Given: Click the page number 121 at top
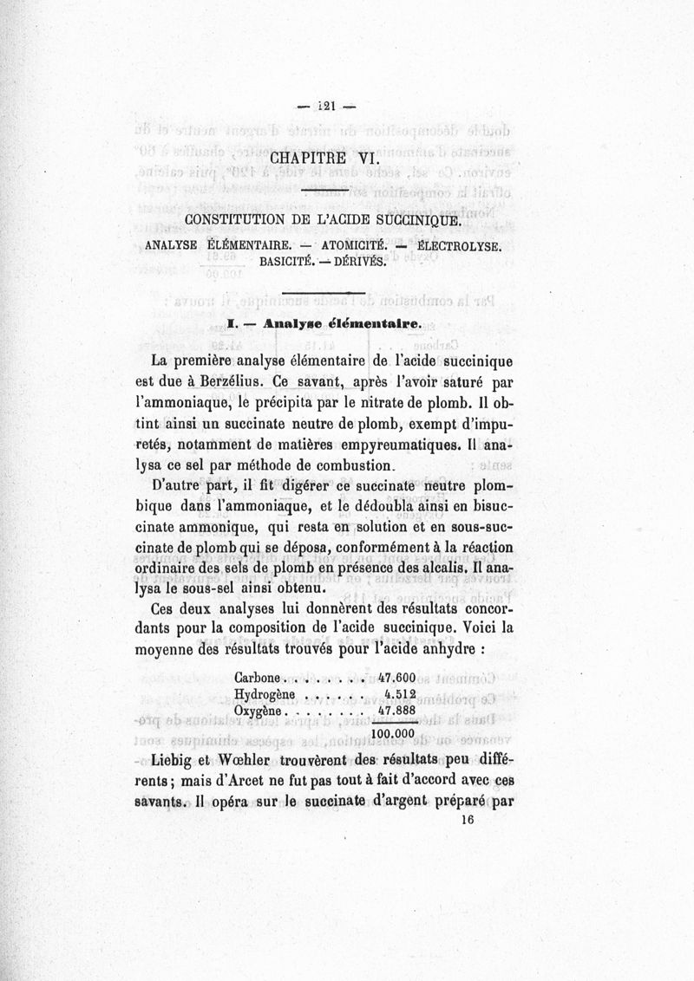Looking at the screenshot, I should (x=327, y=107).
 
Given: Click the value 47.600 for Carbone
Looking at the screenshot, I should (x=399, y=678).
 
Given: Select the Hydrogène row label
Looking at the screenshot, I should (x=266, y=695).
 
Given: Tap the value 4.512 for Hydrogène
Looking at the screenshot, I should (x=403, y=695).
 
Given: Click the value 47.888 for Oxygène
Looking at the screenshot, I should (x=399, y=711).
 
